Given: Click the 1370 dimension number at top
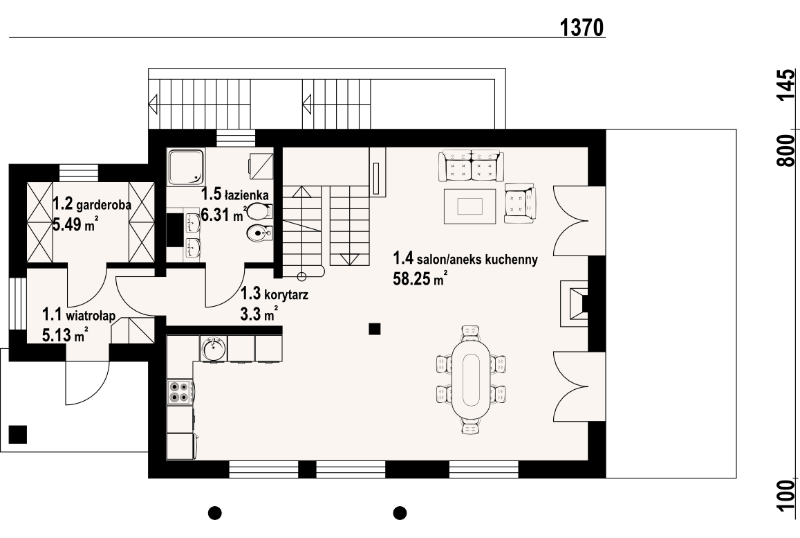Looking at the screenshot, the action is (582, 28).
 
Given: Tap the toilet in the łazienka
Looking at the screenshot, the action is (261, 211).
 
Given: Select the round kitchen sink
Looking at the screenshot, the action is (214, 348).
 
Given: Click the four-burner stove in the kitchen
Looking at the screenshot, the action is (180, 391).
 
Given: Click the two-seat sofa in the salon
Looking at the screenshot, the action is (471, 166).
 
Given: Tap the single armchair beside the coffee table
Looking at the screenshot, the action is (521, 203).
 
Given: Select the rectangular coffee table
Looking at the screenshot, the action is (470, 206).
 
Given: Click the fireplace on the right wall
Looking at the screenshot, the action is (575, 303).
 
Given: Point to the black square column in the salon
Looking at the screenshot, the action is (375, 328).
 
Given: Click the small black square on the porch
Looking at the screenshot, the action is (18, 434).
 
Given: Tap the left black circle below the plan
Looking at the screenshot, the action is (215, 512).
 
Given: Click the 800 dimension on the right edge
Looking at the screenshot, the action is (786, 151).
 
